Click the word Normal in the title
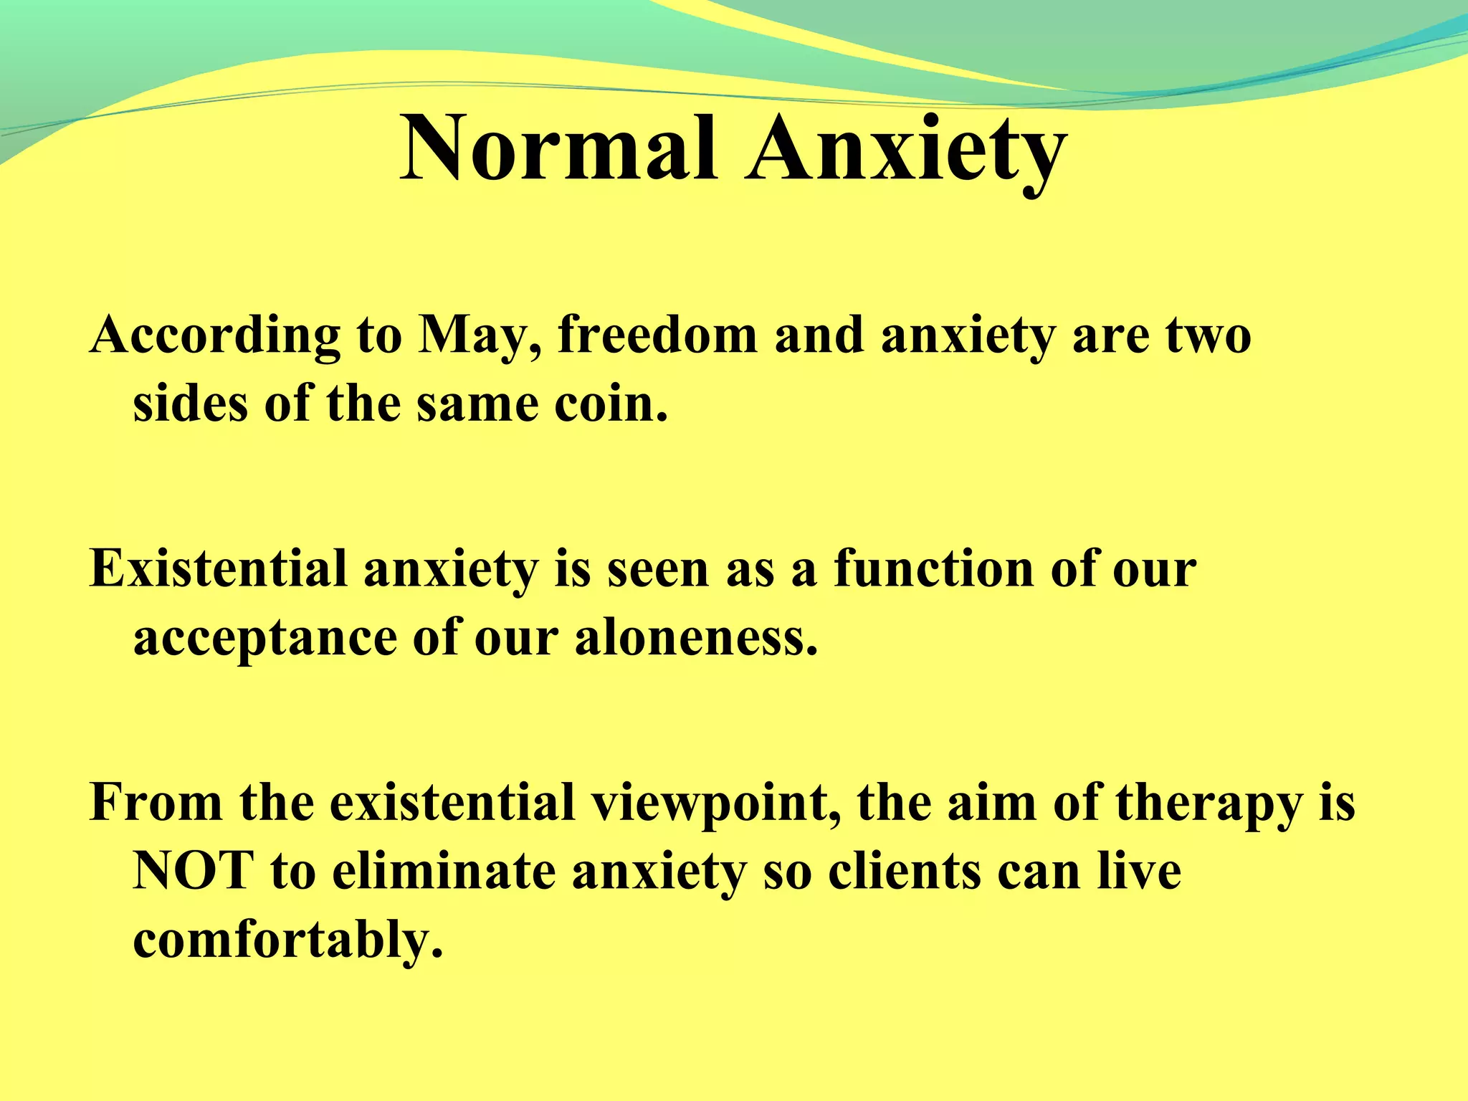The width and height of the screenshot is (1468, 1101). click(558, 149)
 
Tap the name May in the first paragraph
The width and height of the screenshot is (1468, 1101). click(479, 335)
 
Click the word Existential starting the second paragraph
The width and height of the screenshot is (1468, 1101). click(218, 568)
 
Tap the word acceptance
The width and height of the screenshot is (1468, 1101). click(264, 638)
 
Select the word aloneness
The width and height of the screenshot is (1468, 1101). click(695, 638)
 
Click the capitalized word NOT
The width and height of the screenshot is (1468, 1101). click(194, 871)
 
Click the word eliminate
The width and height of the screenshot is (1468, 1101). click(444, 871)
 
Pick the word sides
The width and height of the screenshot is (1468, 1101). click(191, 404)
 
